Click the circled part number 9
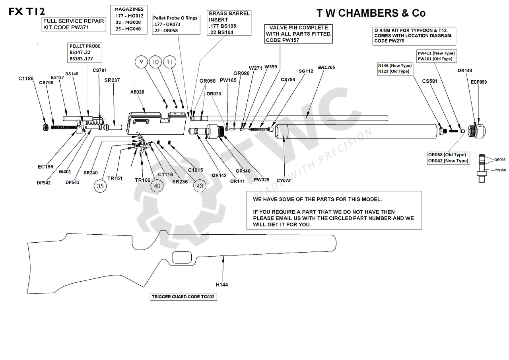(x=140, y=62)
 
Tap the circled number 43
(x=200, y=186)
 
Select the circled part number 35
(x=100, y=186)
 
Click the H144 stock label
(x=222, y=284)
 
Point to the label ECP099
(x=479, y=82)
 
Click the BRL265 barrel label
(x=326, y=68)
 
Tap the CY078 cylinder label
(x=284, y=181)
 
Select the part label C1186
(x=26, y=79)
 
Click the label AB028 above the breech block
(x=137, y=92)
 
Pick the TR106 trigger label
(x=142, y=180)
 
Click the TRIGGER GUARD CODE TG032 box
(x=184, y=297)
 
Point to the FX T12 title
(x=27, y=12)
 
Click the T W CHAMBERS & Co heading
(x=371, y=13)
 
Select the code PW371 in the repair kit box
(x=80, y=27)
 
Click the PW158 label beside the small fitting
(x=500, y=170)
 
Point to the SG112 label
(x=306, y=71)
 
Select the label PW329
(x=262, y=179)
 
